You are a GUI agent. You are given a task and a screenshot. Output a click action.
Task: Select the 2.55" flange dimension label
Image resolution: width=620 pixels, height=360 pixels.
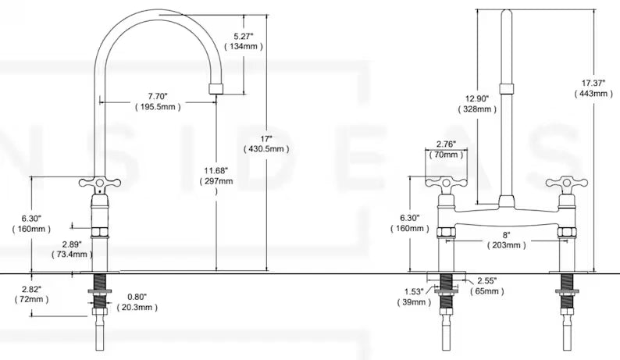(x=488, y=280)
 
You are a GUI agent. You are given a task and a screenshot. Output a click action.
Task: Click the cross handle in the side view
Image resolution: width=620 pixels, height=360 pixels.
(x=98, y=184)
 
